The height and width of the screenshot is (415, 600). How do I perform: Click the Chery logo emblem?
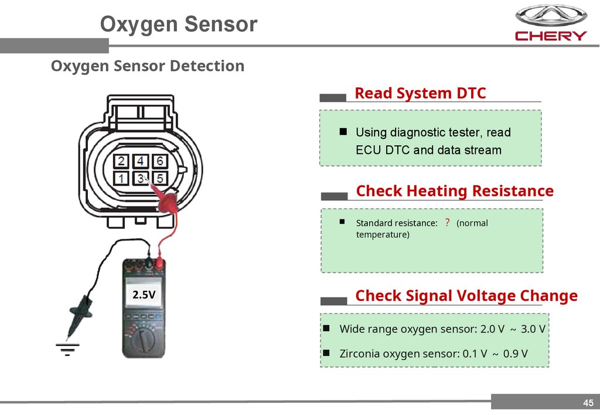[550, 16]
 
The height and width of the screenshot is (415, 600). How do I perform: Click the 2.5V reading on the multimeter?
[144, 295]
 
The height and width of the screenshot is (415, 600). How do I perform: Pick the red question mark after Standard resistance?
[447, 223]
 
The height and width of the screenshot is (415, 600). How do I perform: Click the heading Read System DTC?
[420, 94]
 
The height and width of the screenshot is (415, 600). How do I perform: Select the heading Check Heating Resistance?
[455, 191]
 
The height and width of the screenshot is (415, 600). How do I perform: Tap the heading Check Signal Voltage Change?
[466, 296]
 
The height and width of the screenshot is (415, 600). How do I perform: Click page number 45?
[588, 402]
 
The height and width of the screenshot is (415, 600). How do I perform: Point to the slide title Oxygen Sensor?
[178, 25]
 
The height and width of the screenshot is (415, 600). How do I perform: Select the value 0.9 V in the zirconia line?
[515, 354]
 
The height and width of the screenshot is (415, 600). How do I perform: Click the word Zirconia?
[359, 354]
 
